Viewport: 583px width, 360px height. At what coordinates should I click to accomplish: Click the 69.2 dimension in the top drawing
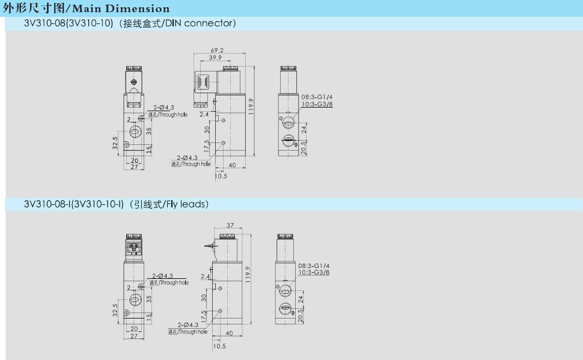point(217,50)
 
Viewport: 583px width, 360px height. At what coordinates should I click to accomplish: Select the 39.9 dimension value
point(215,58)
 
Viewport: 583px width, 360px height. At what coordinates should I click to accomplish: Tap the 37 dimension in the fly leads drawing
point(230,225)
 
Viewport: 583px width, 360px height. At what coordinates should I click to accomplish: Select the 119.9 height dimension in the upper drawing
point(251,106)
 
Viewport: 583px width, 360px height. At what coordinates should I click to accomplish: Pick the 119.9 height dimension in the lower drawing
point(248,275)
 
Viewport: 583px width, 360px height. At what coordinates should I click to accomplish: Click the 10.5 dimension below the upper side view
point(221,176)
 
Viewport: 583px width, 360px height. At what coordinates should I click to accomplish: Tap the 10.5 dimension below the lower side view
point(219,346)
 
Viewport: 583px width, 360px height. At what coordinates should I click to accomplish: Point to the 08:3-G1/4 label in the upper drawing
point(317,97)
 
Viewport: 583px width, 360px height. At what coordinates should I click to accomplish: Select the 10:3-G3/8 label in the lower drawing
point(314,272)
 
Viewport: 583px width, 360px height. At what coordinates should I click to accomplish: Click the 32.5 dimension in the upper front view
point(115,143)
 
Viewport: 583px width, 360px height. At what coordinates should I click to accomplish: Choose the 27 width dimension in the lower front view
point(134,336)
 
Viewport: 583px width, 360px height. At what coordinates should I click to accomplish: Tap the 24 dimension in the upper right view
point(304,130)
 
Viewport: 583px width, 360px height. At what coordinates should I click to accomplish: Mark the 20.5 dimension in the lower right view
point(301,316)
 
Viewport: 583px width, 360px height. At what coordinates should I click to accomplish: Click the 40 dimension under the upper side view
point(233,165)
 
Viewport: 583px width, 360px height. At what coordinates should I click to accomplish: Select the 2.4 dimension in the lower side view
point(205,276)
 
